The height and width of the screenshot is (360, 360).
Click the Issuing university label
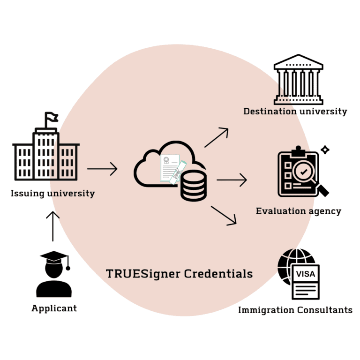pyautogui.click(x=52, y=193)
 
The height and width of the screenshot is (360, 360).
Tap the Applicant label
pyautogui.click(x=54, y=308)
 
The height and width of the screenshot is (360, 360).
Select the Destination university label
pyautogui.click(x=295, y=112)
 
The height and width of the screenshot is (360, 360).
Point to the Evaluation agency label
pyautogui.click(x=299, y=211)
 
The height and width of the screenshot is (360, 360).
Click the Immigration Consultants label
pyautogui.click(x=295, y=310)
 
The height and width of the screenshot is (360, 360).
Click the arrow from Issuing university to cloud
pyautogui.click(x=102, y=168)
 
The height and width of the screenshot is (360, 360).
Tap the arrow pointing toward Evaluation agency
pyautogui.click(x=232, y=180)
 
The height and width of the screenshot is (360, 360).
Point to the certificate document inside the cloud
pyautogui.click(x=169, y=167)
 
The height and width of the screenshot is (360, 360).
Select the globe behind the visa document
pyautogui.click(x=288, y=262)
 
